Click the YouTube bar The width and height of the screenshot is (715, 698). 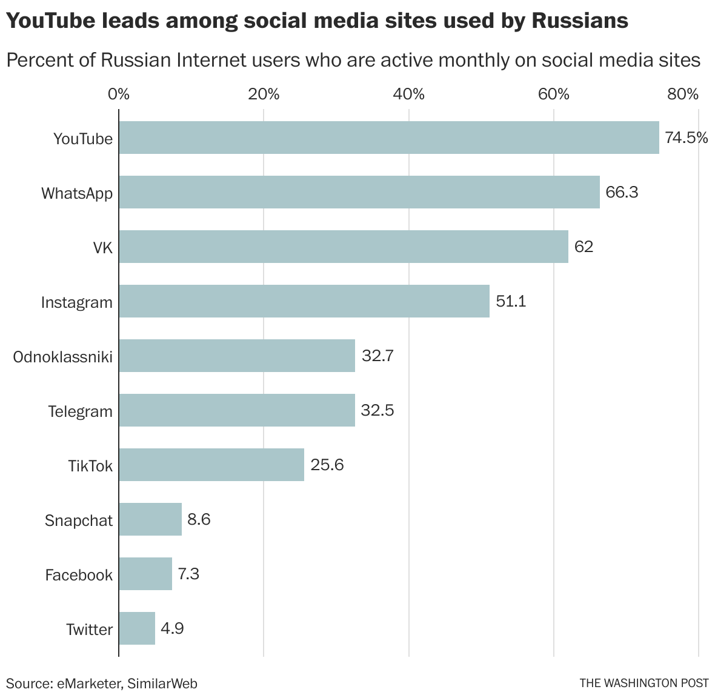[x=388, y=138]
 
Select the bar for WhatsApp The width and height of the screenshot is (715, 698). [x=359, y=192]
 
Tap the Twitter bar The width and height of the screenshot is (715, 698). [x=137, y=628]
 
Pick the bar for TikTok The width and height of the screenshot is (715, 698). [x=211, y=465]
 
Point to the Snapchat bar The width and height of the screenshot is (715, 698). [x=150, y=519]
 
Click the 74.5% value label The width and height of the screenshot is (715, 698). [x=686, y=138]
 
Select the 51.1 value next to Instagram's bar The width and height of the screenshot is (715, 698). [x=511, y=301]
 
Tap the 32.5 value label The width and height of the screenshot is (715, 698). [x=377, y=410]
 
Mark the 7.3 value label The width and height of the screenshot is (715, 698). [x=188, y=574]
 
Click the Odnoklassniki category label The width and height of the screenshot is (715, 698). [x=63, y=357]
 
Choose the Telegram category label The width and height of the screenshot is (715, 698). [x=81, y=411]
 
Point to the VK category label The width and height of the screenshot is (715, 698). [x=103, y=248]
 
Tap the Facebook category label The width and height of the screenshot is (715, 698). [x=79, y=575]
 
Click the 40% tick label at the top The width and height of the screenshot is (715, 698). [x=409, y=94]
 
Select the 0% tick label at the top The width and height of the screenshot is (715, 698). [x=119, y=94]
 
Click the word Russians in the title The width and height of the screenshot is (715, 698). [x=580, y=21]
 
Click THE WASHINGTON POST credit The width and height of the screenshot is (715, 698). [x=643, y=683]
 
